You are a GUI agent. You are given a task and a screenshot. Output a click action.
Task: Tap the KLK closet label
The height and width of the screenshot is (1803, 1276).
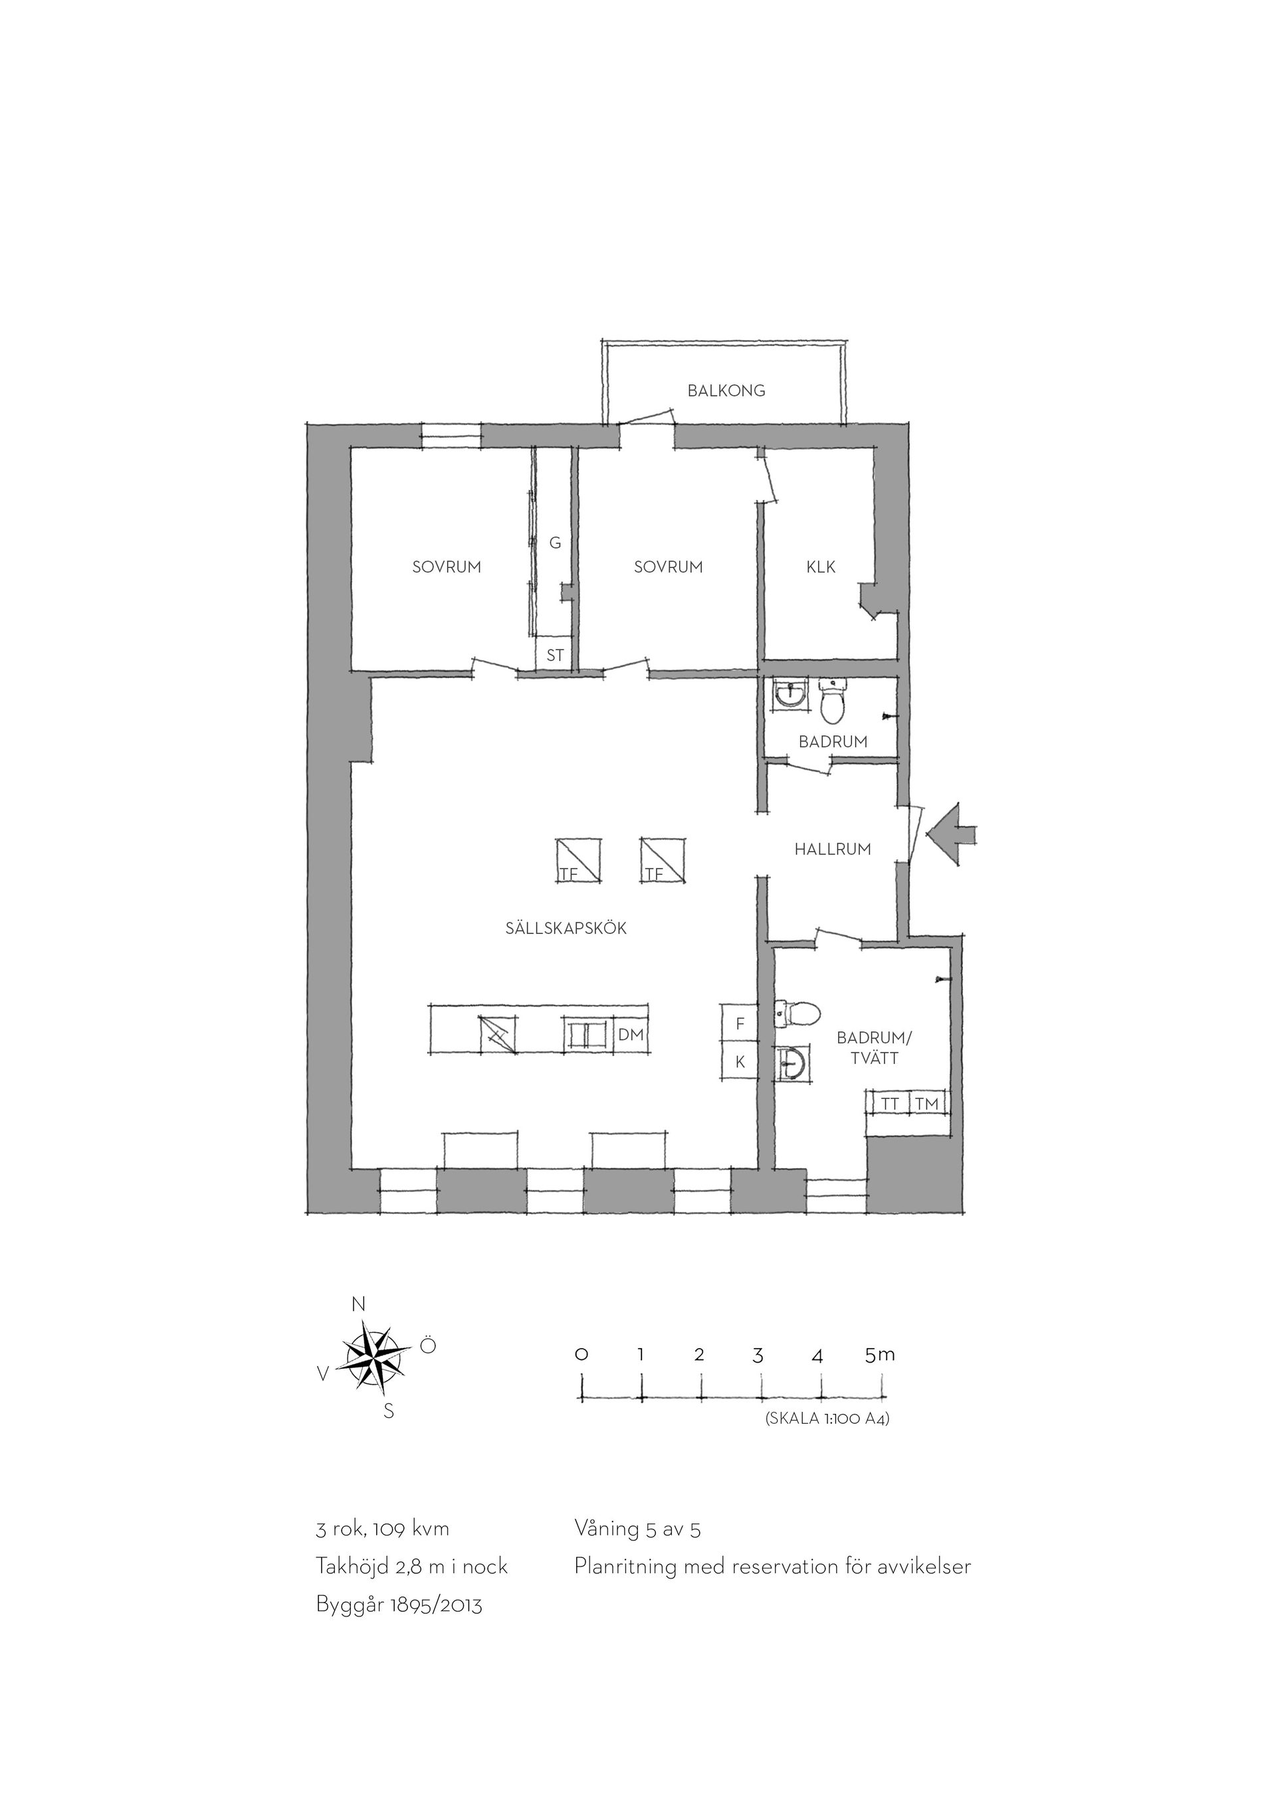[x=821, y=567]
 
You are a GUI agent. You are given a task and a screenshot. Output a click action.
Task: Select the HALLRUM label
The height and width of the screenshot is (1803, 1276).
[x=832, y=849]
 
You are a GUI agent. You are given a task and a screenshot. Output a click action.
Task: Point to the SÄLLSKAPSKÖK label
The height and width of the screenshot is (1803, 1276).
[x=566, y=928]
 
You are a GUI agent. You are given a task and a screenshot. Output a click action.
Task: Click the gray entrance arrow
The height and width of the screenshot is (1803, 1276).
[x=952, y=835]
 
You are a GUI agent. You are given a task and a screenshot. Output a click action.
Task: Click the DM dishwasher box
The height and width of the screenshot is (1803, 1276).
[x=630, y=1035]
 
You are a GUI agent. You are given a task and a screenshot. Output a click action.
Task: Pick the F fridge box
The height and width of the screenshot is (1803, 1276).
[x=740, y=1024]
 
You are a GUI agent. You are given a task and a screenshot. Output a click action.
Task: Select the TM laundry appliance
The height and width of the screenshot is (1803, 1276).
[x=927, y=1103]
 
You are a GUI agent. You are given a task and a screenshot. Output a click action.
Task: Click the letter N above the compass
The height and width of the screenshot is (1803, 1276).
[x=358, y=1304]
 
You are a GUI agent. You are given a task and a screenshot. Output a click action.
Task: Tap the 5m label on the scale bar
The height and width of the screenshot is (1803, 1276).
[x=879, y=1354]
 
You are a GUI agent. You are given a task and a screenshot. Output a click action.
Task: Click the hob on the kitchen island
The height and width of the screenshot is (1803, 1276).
[x=498, y=1035]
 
